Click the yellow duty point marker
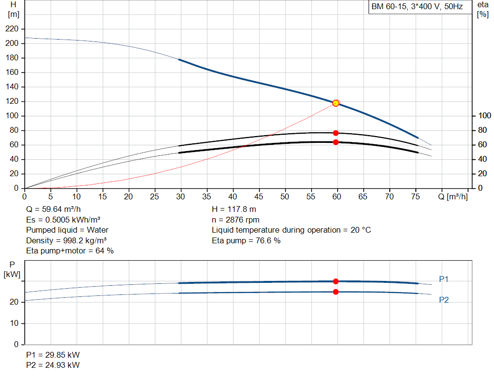coord(336,103)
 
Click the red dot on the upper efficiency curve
coord(336,133)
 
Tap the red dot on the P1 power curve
coord(336,281)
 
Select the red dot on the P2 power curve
coord(336,292)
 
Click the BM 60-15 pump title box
coord(420,7)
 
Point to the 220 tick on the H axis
coord(12,29)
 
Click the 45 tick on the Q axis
coord(259,196)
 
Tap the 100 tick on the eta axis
coord(484,116)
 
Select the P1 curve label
coord(444,279)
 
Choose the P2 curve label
coord(444,300)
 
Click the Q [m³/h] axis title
coord(453,196)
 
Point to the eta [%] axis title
coord(482,10)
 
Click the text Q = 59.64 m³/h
coord(54,209)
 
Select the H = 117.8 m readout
coord(234,209)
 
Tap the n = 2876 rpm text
coord(235,220)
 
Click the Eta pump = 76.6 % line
coord(246,241)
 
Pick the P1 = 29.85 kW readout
coord(53,355)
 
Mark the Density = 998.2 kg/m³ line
coord(66,241)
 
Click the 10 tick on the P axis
coord(14,323)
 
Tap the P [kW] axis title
coord(12,269)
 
